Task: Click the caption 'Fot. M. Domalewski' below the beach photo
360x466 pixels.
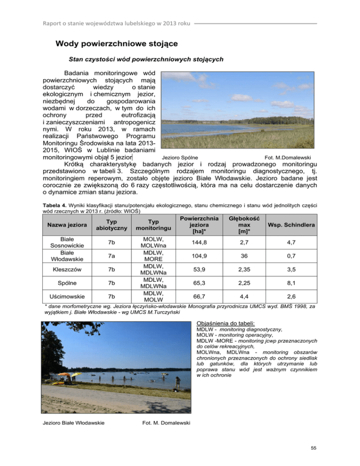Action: (x=165, y=423)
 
